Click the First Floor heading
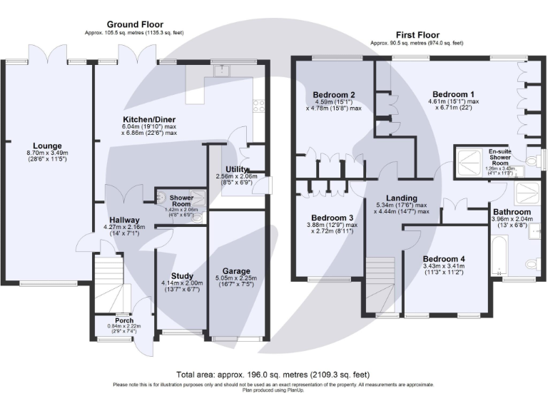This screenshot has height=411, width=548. pyautogui.click(x=419, y=34)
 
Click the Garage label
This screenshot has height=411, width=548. pyautogui.click(x=235, y=271)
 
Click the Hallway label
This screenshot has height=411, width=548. pyautogui.click(x=125, y=220)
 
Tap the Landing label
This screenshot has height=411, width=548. pyautogui.click(x=401, y=198)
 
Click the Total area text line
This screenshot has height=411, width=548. pyautogui.click(x=273, y=375)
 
